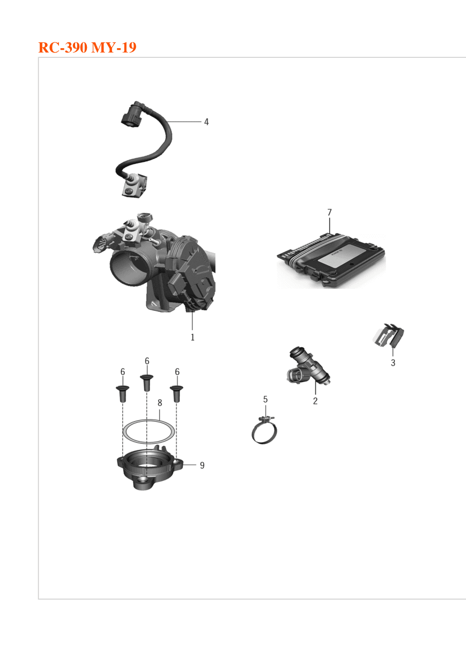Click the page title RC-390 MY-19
coord(87,47)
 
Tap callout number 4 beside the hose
coord(206,122)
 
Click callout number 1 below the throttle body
coord(193,337)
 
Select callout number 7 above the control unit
coord(329,212)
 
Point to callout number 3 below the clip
coord(393,362)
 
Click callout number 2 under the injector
coord(315,401)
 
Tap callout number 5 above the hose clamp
coord(265,399)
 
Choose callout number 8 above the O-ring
coord(160,403)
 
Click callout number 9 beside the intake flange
coord(202,465)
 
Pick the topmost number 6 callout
coord(147,361)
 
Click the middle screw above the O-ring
coord(147,383)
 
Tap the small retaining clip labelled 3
coord(389,335)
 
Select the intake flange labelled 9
coord(150,469)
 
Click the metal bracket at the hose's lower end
coord(135,186)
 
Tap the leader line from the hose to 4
coord(184,122)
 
